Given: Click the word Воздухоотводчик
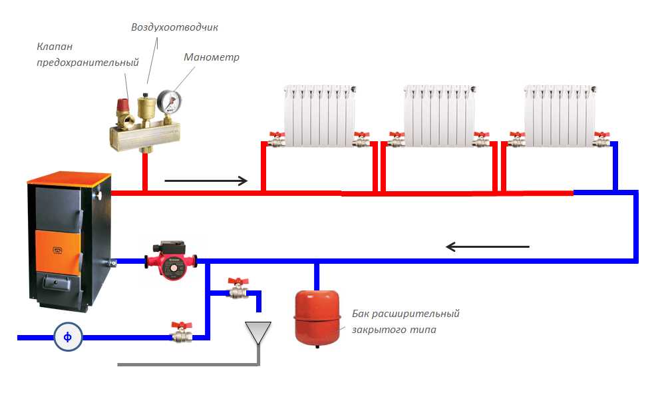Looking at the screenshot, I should click(x=174, y=27).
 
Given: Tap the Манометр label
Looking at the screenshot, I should click(x=211, y=57).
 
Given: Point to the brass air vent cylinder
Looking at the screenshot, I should click(x=146, y=107).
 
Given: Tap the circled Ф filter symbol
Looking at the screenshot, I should click(x=68, y=338).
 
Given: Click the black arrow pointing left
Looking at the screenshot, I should click(x=487, y=247).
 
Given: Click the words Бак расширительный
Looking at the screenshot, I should click(x=405, y=314).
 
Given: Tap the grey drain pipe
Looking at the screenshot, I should click(x=186, y=364).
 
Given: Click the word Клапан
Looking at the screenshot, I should click(x=55, y=47).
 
